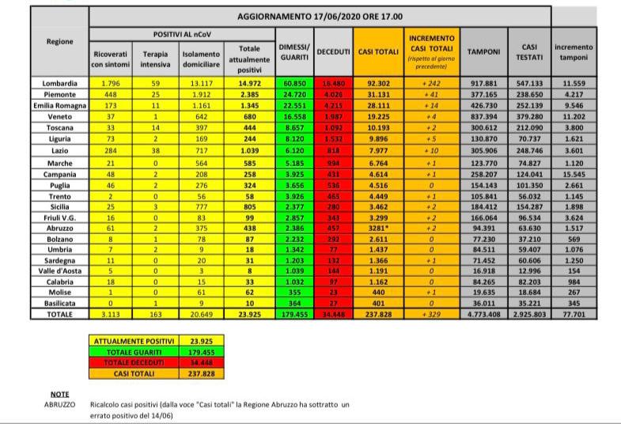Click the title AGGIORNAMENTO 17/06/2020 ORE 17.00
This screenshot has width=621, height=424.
coord(319,16)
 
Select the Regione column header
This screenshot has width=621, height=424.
coord(60,41)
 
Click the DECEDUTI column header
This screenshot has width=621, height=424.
coord(333,51)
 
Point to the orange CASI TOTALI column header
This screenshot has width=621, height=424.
coord(378,51)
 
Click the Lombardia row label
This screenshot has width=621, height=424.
coord(60,83)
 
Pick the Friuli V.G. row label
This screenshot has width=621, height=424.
coord(60,215)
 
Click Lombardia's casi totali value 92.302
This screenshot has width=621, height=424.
coord(378,83)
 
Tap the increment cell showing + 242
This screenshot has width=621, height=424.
coord(430,83)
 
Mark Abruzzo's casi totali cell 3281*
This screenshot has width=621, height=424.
coord(378,226)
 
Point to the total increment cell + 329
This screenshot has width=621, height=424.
coord(430,314)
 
